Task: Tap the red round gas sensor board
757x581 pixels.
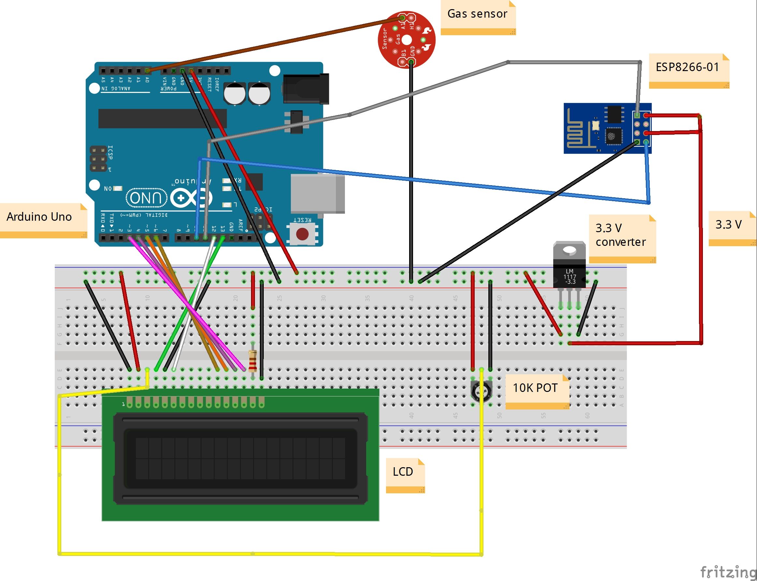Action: coord(406,39)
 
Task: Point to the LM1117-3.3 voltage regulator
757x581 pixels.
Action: coord(569,270)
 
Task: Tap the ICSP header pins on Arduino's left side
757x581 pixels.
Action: coord(98,159)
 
